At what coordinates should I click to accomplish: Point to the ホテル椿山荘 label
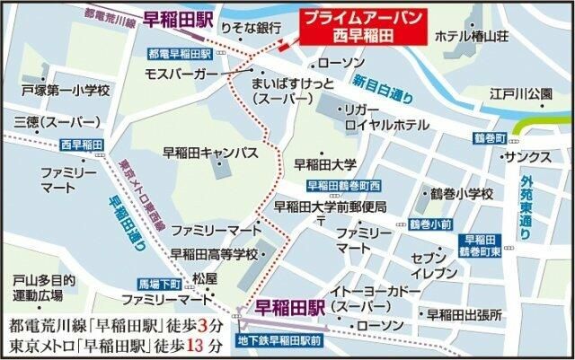[473, 36]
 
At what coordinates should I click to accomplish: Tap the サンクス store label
[521, 156]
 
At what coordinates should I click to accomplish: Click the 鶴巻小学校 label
[463, 194]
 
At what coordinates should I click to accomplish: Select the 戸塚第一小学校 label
[66, 91]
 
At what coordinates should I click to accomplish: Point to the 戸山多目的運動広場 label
[37, 286]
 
